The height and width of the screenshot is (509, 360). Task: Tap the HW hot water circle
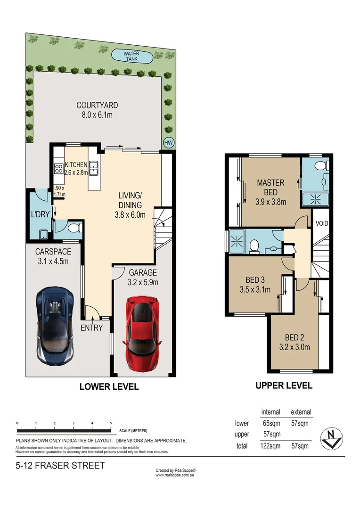click(168, 142)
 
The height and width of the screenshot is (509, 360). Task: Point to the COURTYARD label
click(97, 106)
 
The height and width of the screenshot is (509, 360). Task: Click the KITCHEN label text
click(76, 164)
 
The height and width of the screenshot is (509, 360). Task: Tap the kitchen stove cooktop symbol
click(59, 168)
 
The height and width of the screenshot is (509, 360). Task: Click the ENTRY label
click(91, 328)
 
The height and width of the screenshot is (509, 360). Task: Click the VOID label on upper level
click(322, 223)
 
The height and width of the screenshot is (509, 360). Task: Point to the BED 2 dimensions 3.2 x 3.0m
click(297, 348)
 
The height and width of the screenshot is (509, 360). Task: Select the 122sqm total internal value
click(270, 445)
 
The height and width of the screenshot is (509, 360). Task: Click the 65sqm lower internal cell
click(270, 423)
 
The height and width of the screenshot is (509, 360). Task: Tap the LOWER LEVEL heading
click(109, 386)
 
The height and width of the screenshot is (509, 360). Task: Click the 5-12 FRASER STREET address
click(60, 466)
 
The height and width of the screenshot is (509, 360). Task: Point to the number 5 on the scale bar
click(110, 423)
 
